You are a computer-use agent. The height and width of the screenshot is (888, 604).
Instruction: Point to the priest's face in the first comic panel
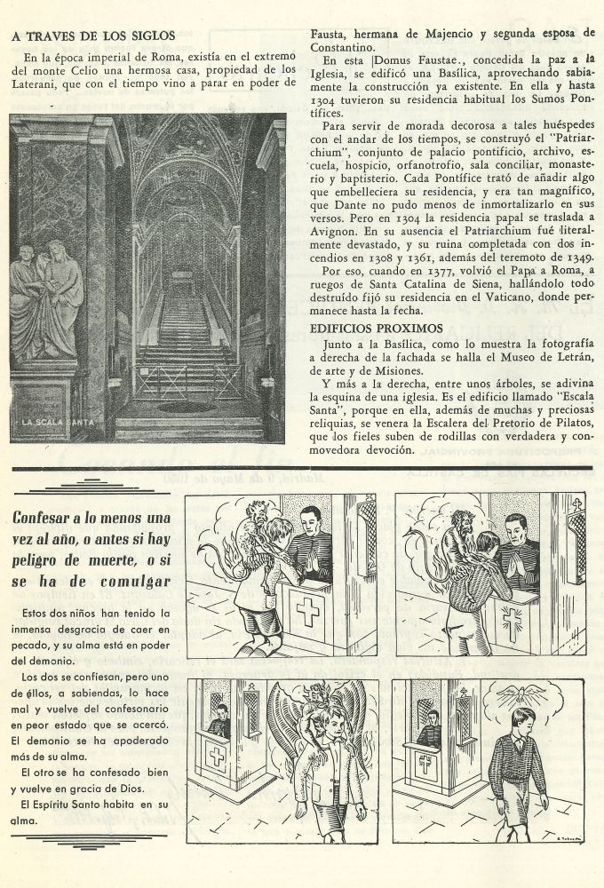(x=309, y=520)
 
